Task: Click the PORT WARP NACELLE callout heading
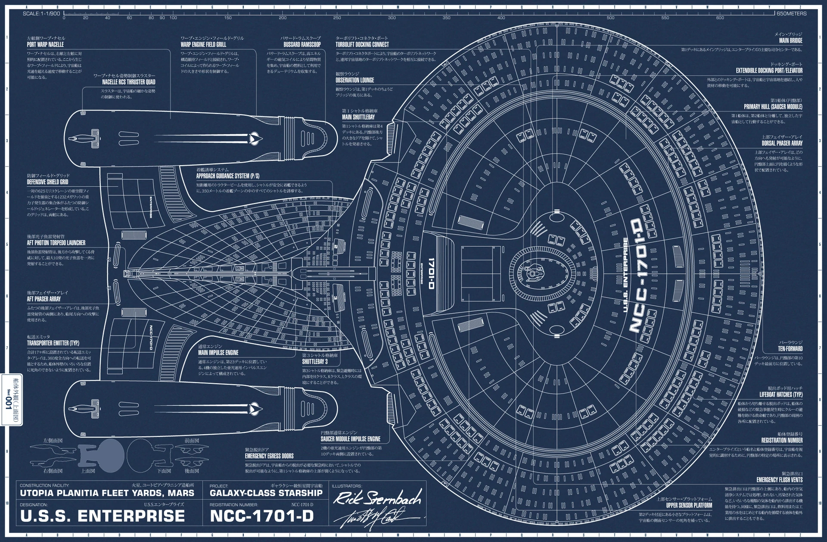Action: [x=45, y=44]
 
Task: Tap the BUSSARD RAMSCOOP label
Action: [x=302, y=44]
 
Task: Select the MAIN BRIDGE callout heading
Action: [x=790, y=41]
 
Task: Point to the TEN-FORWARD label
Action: [x=790, y=348]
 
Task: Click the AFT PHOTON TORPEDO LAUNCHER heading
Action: [x=56, y=243]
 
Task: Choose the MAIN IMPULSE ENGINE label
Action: [x=218, y=353]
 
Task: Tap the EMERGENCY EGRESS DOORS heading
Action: [x=269, y=456]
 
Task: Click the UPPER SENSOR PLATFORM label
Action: [x=689, y=505]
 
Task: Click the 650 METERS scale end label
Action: [x=791, y=14]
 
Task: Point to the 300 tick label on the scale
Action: [x=392, y=18]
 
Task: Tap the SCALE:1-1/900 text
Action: [x=41, y=14]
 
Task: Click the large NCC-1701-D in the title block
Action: [x=261, y=516]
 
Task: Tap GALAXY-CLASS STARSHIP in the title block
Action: [x=266, y=493]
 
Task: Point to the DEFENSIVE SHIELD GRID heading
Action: [x=48, y=182]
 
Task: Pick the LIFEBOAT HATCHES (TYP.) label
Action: [x=781, y=395]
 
